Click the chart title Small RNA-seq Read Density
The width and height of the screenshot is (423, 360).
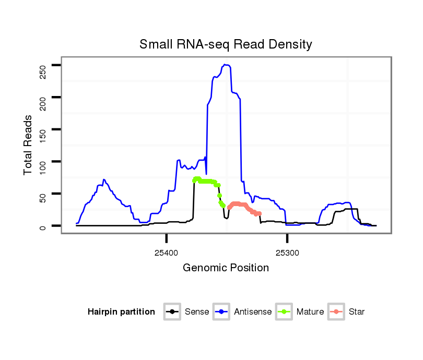[x=226, y=44]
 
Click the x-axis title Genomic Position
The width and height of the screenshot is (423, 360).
[x=226, y=268]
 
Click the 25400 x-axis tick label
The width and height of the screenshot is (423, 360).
[x=166, y=253]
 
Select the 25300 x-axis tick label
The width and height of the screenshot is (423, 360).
[x=287, y=253]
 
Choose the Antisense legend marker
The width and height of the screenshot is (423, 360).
[x=221, y=312]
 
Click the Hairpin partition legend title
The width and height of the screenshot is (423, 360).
[x=121, y=312]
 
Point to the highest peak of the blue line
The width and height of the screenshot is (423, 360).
[x=225, y=65]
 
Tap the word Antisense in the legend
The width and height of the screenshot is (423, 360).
[x=253, y=312]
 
